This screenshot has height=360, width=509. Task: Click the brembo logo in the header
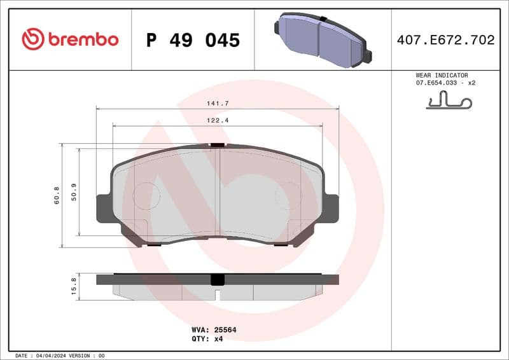[x=70, y=39]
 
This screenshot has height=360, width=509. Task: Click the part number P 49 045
[x=193, y=40]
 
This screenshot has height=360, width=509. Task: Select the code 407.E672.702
[x=445, y=40]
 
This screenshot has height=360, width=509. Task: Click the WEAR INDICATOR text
[x=442, y=75]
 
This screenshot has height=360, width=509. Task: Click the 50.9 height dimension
[x=74, y=191]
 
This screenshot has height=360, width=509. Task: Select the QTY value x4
[x=218, y=339]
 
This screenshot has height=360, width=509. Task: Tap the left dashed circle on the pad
[x=146, y=195]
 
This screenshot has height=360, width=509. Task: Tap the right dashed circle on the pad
[x=288, y=195]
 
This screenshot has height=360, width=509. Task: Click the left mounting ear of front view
[x=103, y=209]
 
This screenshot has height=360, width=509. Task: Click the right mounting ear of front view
[x=331, y=209]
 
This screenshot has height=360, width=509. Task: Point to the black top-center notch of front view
[x=218, y=145]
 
